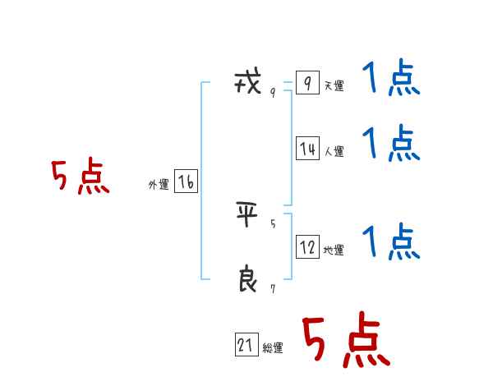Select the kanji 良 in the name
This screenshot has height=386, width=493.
(247, 280)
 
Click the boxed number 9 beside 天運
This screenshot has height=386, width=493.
(307, 83)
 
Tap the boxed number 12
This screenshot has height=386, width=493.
(307, 247)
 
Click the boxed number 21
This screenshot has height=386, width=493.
(246, 346)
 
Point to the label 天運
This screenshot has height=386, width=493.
(334, 85)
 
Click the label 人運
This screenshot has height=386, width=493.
(334, 151)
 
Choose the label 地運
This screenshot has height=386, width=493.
(334, 250)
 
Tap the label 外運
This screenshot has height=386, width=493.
(159, 185)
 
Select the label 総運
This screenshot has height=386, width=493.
(273, 348)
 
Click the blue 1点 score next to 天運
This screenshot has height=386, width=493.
(391, 80)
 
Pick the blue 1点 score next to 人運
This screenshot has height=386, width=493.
(391, 143)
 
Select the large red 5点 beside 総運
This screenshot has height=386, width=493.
(346, 342)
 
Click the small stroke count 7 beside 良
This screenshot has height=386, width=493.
(273, 288)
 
